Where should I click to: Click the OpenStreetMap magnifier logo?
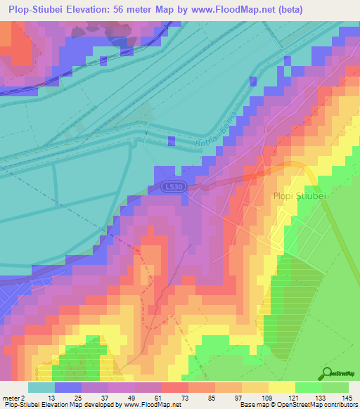(329, 373)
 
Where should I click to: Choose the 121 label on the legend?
(296, 397)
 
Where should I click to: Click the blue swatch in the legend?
(67, 387)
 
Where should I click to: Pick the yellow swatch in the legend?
(282, 387)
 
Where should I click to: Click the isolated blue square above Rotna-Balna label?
(172, 141)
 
